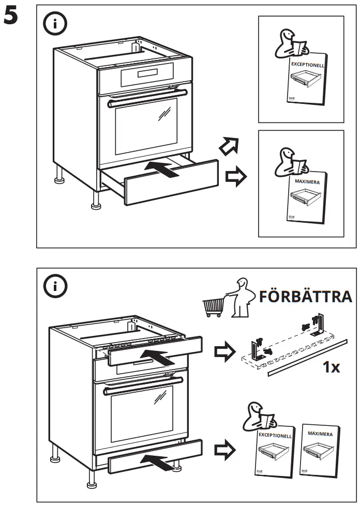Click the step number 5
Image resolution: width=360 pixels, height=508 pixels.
(x=11, y=17)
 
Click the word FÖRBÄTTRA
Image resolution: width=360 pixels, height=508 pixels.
(x=305, y=297)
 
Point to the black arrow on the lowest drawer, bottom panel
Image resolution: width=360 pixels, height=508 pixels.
(x=157, y=461)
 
